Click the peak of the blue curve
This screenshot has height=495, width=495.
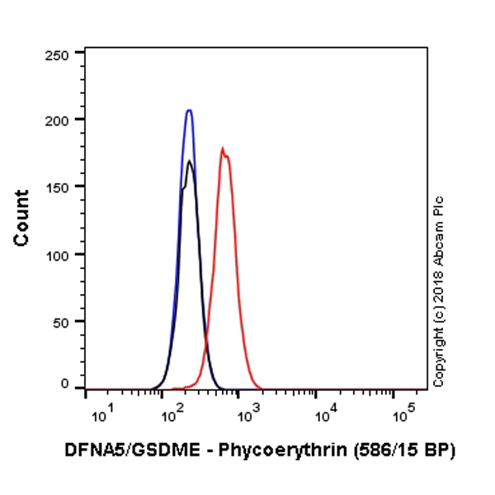[189, 110]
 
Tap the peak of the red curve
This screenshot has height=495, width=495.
[222, 148]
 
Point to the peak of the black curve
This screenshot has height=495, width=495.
[190, 161]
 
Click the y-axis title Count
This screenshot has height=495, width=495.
[22, 218]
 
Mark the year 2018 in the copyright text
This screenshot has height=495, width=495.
[438, 287]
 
